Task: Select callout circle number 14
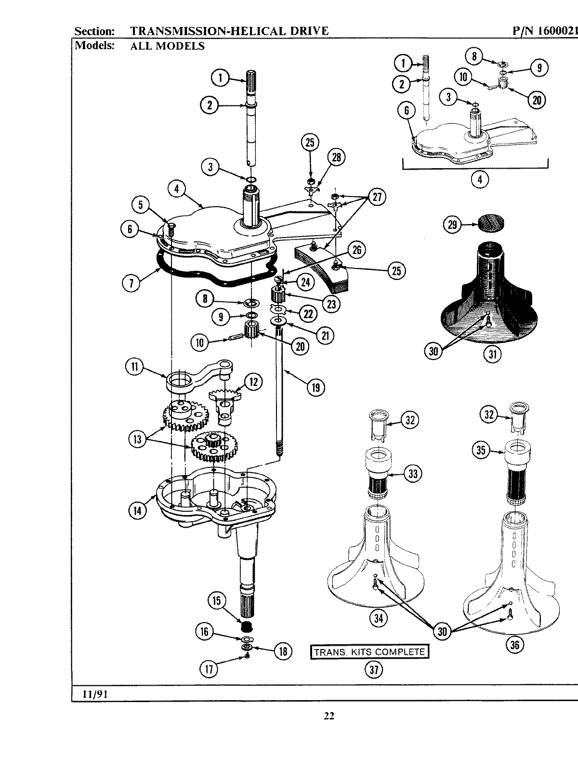tap(138, 510)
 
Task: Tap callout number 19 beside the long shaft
tap(315, 387)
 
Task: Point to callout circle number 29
tap(452, 225)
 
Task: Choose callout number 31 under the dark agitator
tap(492, 354)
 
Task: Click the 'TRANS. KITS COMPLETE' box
tap(369, 652)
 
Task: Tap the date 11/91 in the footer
tap(90, 694)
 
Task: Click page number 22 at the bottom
tap(328, 716)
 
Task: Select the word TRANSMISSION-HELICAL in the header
tap(205, 31)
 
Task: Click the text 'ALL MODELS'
tap(168, 46)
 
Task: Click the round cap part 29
tap(492, 223)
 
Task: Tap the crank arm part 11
tap(193, 376)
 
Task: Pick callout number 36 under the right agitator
tap(514, 644)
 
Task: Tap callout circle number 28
tap(336, 158)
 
